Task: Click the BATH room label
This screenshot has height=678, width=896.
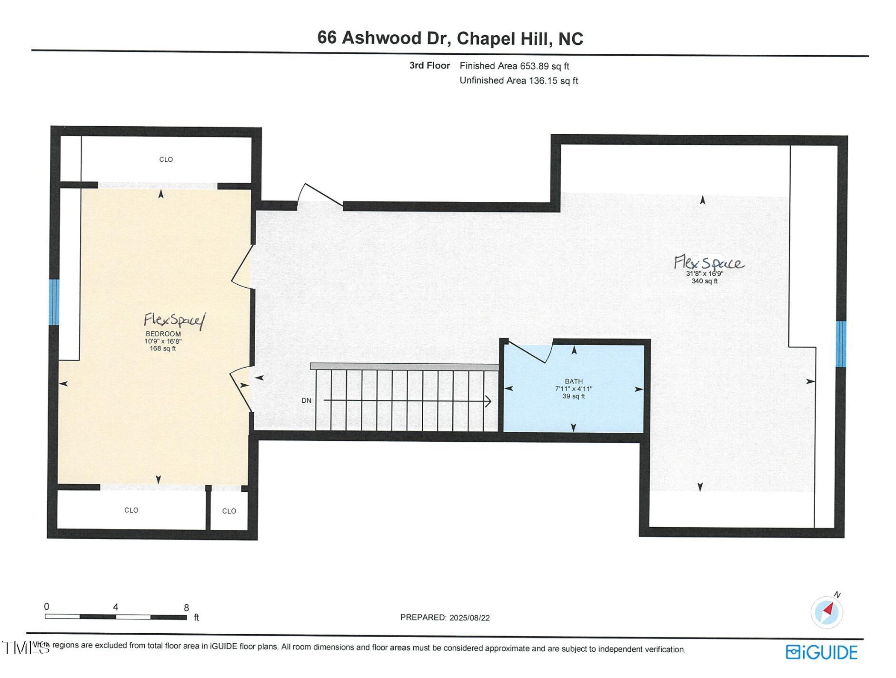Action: click(x=573, y=381)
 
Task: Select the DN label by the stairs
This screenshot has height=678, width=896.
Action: click(x=306, y=400)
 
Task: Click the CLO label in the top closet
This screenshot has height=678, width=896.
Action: click(x=166, y=160)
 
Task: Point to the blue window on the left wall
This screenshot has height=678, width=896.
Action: click(x=54, y=302)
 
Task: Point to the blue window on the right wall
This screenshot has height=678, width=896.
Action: click(x=840, y=344)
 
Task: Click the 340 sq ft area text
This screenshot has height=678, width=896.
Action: click(x=704, y=281)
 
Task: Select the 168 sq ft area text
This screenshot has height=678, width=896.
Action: click(x=162, y=349)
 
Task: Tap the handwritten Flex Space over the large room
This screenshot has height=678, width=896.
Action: click(x=708, y=262)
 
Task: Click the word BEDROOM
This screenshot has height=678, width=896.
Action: click(x=163, y=334)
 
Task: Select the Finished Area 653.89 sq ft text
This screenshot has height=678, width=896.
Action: click(x=514, y=66)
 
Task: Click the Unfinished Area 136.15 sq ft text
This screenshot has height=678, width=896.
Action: click(x=518, y=80)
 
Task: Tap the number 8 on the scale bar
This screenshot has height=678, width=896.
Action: click(x=186, y=608)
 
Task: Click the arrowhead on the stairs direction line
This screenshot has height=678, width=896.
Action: click(x=488, y=401)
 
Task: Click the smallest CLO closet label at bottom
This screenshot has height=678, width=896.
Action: click(x=229, y=511)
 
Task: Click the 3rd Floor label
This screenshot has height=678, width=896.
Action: click(x=429, y=66)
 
